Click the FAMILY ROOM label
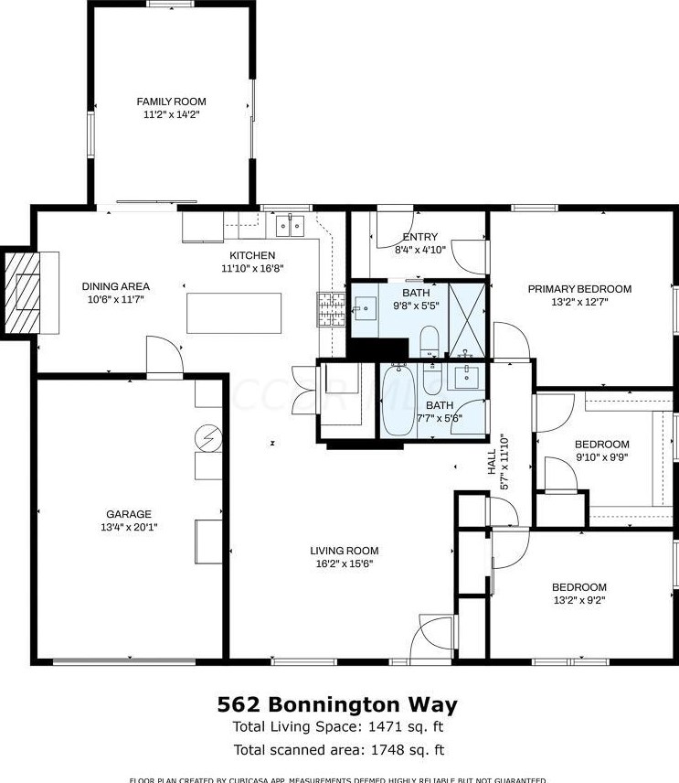click(x=171, y=102)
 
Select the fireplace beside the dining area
click(x=26, y=292)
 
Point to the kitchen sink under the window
click(x=291, y=224)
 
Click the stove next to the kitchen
click(x=330, y=310)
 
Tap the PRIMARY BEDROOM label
click(x=579, y=289)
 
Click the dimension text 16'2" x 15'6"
click(x=344, y=564)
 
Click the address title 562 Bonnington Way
click(x=337, y=704)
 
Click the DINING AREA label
click(x=116, y=285)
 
